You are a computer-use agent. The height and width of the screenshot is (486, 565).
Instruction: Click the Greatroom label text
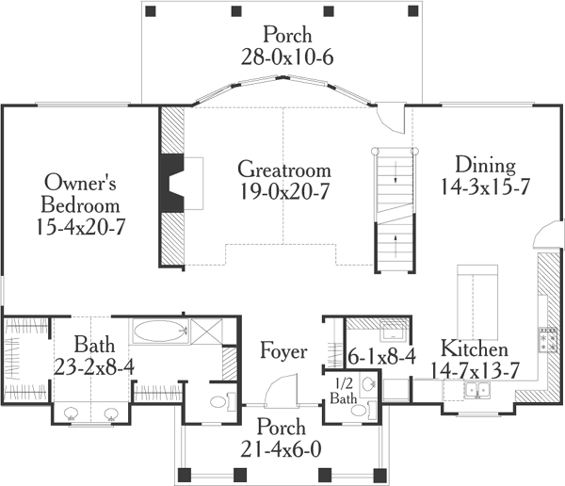click(x=284, y=170)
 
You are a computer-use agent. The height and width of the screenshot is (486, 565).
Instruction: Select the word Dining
click(x=484, y=166)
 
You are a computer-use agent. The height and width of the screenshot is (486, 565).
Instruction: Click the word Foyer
click(x=283, y=352)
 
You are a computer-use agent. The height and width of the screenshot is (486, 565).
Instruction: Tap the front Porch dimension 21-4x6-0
click(x=283, y=448)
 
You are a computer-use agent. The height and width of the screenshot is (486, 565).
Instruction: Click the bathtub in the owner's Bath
click(x=158, y=331)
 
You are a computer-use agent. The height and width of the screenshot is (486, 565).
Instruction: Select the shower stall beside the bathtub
click(x=204, y=331)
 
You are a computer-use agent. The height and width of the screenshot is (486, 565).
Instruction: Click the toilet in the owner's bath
click(x=218, y=403)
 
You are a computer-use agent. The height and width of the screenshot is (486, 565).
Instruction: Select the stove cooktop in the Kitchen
click(x=544, y=336)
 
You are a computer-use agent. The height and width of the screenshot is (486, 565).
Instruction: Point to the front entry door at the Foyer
click(x=282, y=389)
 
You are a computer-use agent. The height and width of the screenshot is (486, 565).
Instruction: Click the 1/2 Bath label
click(x=341, y=392)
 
